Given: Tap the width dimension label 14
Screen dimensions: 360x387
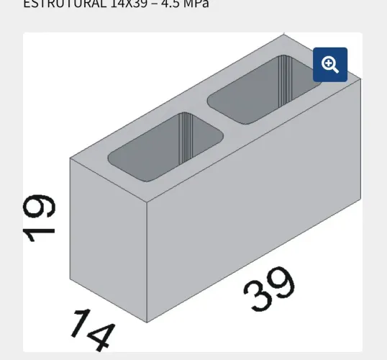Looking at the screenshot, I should coord(93,329).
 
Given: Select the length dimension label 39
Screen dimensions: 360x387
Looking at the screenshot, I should coord(269,289).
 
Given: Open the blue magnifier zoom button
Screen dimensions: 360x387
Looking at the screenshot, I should coord(330,65).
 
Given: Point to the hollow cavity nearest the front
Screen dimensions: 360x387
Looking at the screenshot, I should coord(165,146).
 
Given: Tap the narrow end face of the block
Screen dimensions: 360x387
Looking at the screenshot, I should coord(108,238).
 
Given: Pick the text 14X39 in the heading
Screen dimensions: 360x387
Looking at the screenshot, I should coord(130,4).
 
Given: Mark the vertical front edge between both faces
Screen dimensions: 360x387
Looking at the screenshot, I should coord(147,259).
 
